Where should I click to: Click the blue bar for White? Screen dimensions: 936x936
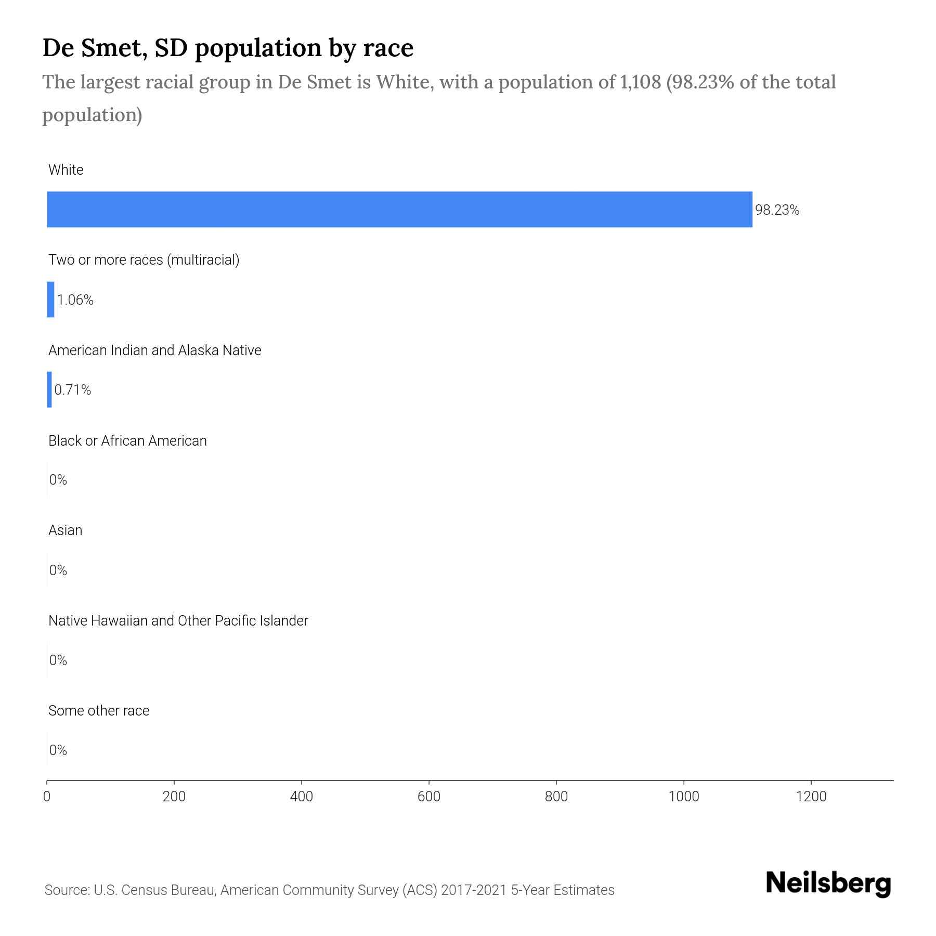pyautogui.click(x=399, y=209)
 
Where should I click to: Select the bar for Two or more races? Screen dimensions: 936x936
pyautogui.click(x=50, y=300)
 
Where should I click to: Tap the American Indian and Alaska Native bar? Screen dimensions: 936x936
pyautogui.click(x=49, y=389)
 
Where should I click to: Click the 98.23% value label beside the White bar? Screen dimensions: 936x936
pyautogui.click(x=777, y=210)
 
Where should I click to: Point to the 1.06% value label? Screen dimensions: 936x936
pyautogui.click(x=75, y=300)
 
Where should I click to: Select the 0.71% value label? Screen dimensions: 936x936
pyautogui.click(x=73, y=390)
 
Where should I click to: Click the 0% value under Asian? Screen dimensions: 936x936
pyautogui.click(x=58, y=570)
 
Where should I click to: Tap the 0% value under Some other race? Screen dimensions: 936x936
pyautogui.click(x=58, y=750)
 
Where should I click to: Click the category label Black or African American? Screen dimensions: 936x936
pyautogui.click(x=127, y=441)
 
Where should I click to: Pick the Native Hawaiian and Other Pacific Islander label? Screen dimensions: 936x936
pyautogui.click(x=178, y=621)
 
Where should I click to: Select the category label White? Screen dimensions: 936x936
pyautogui.click(x=66, y=170)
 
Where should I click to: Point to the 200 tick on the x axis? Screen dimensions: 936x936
pyautogui.click(x=174, y=797)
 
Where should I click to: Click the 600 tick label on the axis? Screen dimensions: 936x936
pyautogui.click(x=429, y=797)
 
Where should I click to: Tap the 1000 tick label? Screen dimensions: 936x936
pyautogui.click(x=684, y=797)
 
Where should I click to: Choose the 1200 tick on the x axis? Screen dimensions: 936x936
pyautogui.click(x=811, y=797)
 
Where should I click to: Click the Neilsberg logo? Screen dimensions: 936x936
pyautogui.click(x=828, y=883)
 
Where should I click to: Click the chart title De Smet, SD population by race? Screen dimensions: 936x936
pyautogui.click(x=228, y=48)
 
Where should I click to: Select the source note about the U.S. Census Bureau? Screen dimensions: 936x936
pyautogui.click(x=329, y=890)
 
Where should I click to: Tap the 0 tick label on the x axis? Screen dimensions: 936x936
pyautogui.click(x=47, y=797)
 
